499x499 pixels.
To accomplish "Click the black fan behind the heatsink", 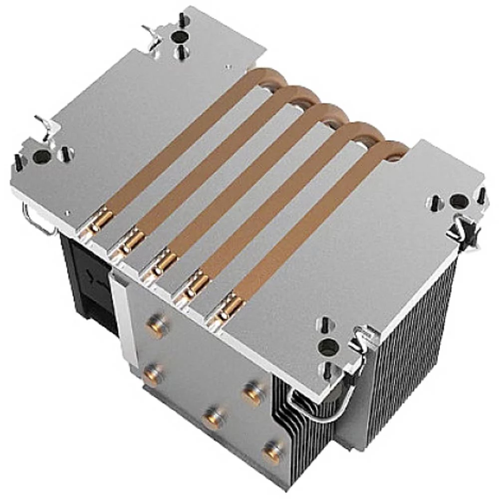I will [x=87, y=279].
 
